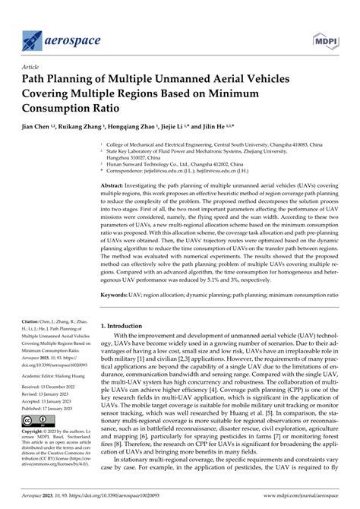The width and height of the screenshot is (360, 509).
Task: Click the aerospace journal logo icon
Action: [x=33, y=36]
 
